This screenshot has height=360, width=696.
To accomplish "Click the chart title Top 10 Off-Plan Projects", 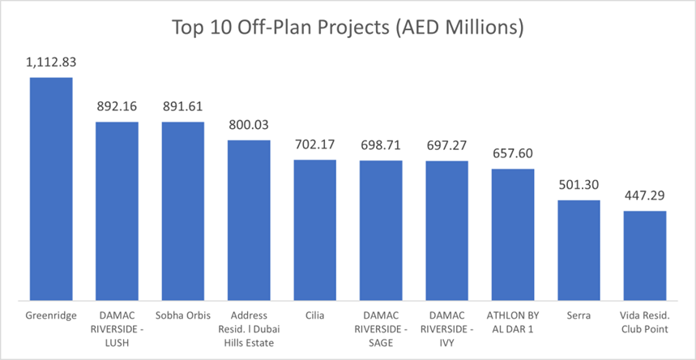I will point(348,28).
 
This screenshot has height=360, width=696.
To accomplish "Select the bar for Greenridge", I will point(51,188).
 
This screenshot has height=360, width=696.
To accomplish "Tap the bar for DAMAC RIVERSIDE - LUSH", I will point(117,211).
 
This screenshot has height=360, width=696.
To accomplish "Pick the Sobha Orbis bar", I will point(183,211).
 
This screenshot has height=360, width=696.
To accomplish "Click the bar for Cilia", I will point(314,229).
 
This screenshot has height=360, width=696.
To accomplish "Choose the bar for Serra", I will point(579,250).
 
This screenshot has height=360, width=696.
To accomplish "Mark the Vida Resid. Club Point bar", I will point(645,255).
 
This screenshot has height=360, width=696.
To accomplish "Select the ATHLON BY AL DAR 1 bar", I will point(513,234).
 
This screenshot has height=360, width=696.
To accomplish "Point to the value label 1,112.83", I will point(51,63).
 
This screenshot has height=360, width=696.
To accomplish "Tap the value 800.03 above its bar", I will point(249,126).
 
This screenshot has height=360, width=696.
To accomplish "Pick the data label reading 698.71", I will point(381,146).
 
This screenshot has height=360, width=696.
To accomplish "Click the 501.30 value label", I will point(579,186).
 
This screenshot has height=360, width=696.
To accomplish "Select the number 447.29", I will point(645,197).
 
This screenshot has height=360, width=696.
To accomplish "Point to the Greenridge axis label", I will point(51,315).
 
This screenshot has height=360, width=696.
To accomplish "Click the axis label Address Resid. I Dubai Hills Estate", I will point(249,328).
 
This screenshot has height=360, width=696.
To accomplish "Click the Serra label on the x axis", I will point(579,315).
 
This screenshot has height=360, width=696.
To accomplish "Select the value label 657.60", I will point(513,154).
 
